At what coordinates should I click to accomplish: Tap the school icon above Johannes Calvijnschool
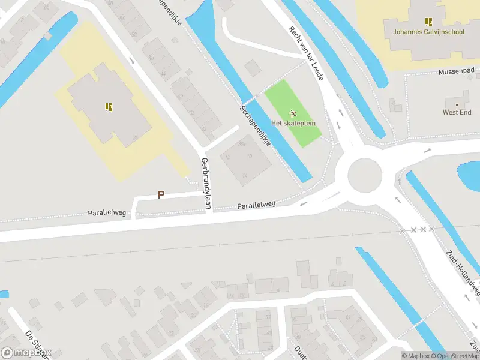(428, 22)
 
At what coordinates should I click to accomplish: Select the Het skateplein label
(293, 124)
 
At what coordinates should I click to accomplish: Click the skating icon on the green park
(293, 113)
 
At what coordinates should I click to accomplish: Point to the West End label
(457, 112)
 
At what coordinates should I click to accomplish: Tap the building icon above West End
(457, 102)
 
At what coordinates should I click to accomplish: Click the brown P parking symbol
(161, 194)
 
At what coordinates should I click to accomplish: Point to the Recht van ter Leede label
(306, 53)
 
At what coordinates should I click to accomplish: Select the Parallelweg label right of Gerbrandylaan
(256, 205)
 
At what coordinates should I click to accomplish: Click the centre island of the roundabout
(365, 175)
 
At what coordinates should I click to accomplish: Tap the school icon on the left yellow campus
(109, 107)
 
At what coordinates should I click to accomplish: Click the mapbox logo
(26, 353)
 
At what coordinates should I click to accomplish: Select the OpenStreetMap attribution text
(456, 356)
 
